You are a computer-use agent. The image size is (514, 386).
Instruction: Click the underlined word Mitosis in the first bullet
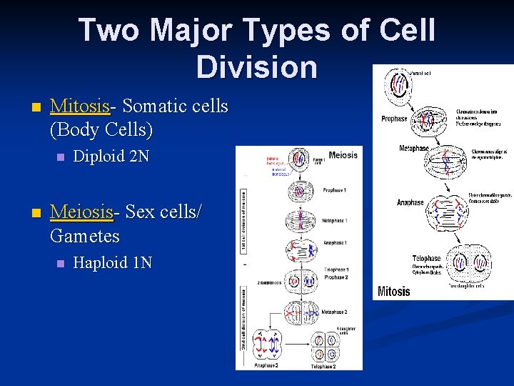point(81,107)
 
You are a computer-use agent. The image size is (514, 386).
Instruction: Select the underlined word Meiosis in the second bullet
point(82,212)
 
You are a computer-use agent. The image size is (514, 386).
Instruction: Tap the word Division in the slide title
point(256,66)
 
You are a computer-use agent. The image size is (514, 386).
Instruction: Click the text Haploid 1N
point(113,262)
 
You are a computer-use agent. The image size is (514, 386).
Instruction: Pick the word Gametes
point(85,235)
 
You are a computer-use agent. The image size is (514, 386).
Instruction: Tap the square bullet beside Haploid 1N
point(61,263)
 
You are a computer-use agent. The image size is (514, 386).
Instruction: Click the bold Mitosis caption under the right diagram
point(394,291)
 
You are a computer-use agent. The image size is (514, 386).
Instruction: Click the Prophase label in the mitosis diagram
point(394,119)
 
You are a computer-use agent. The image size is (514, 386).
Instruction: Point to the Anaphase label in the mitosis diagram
point(410,202)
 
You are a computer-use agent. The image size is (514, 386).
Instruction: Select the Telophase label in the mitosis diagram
point(426,258)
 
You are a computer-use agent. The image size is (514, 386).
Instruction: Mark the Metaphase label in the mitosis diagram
point(414,149)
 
